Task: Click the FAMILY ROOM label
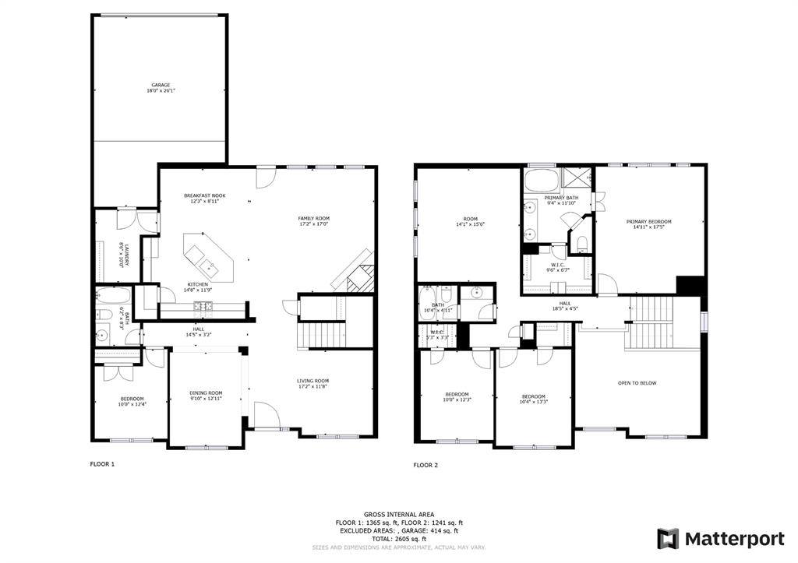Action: (x=314, y=220)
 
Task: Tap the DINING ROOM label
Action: (x=207, y=396)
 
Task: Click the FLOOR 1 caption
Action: (x=102, y=464)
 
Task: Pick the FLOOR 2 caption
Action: (x=425, y=465)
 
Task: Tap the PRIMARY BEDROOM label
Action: (x=649, y=224)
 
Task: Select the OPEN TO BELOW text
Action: (x=637, y=383)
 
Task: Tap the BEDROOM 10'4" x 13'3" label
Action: (x=534, y=399)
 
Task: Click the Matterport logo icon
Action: (x=667, y=538)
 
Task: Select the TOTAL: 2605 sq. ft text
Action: (x=398, y=539)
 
